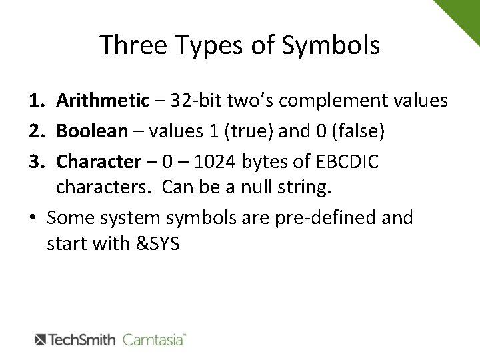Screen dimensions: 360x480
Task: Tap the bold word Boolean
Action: click(91, 130)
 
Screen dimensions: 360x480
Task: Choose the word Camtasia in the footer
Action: click(154, 339)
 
